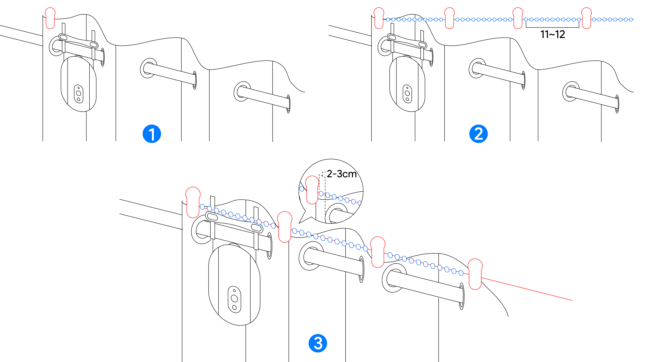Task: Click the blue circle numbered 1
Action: (152, 134)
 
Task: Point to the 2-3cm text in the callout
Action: (342, 174)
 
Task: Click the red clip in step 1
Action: (50, 18)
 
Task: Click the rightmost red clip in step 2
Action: (586, 18)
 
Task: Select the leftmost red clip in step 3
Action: (193, 202)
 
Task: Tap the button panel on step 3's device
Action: (234, 299)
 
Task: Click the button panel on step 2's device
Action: (407, 94)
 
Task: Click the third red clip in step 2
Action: (518, 18)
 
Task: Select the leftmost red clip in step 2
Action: (379, 18)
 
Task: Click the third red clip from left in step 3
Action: (378, 252)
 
